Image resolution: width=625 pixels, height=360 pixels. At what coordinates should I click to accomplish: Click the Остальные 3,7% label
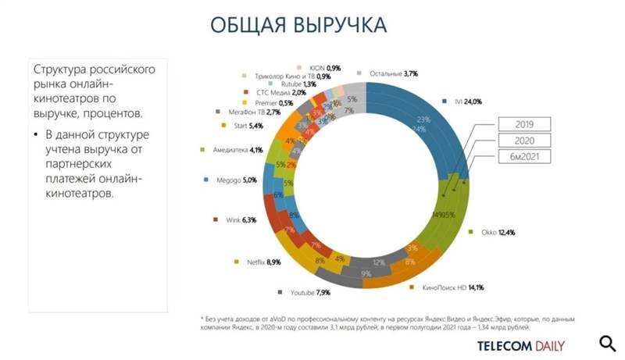click(394, 73)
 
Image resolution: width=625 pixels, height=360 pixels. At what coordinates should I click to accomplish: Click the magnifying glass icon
click(607, 344)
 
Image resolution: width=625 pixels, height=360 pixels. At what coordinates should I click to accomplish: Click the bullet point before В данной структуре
click(36, 135)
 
